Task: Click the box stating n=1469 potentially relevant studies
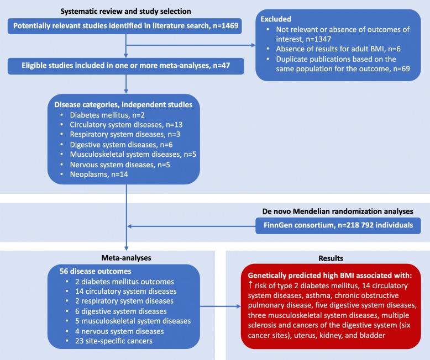(124, 26)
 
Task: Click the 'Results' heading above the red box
(327, 258)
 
